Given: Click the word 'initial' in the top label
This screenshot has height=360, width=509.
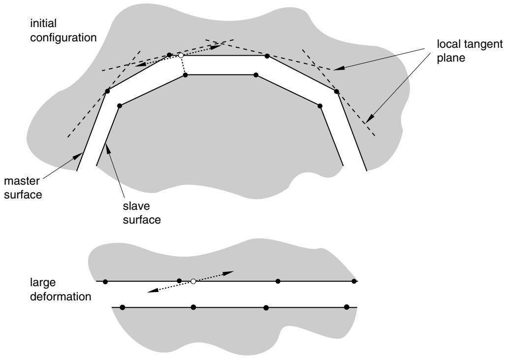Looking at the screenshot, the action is point(43,23).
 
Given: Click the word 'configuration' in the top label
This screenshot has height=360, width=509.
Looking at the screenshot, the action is point(64,38).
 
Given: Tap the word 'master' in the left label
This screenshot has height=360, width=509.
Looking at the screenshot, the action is point(22,181).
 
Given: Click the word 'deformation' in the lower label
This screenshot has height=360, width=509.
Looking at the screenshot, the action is point(61,296).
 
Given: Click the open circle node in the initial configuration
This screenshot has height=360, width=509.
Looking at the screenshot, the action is point(181,56).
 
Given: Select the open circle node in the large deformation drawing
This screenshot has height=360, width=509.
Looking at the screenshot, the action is point(193,281).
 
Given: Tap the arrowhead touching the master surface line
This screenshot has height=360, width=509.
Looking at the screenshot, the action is point(78,156).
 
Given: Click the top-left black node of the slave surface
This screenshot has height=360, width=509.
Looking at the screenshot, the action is point(186,75).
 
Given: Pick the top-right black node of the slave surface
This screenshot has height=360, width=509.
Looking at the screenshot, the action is point(256,75).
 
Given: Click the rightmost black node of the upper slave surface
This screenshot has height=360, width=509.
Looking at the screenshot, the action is point(320,106).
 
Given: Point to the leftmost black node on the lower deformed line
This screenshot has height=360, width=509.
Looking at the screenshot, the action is point(123,307).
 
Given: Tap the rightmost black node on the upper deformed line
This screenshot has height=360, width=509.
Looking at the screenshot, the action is point(354,281).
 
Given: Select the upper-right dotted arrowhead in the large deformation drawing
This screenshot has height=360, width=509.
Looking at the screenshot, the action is point(229,272).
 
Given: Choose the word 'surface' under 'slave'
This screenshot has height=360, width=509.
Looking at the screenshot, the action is point(142,220).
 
